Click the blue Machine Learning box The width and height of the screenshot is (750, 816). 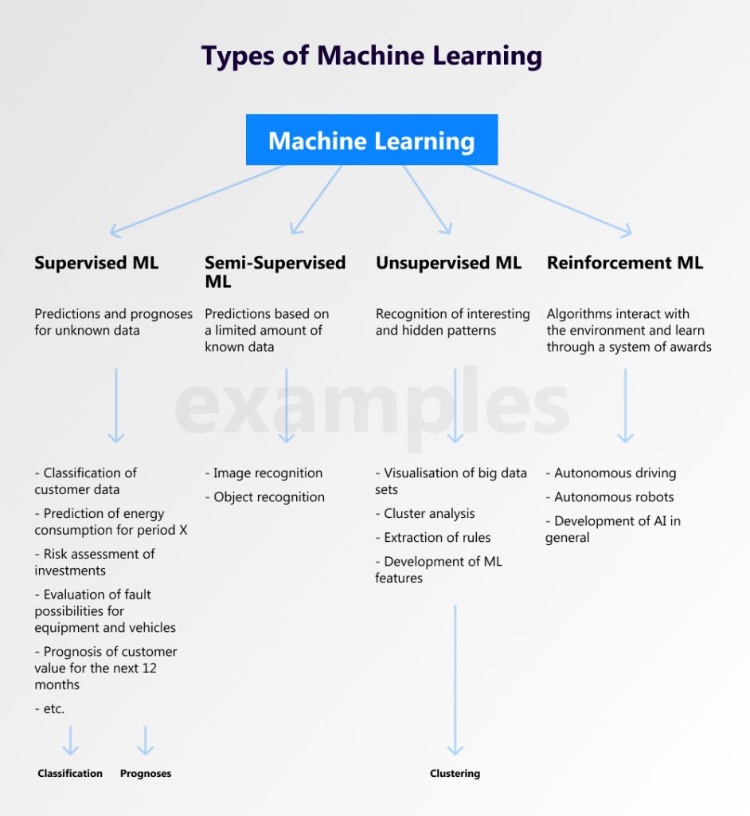coord(371,140)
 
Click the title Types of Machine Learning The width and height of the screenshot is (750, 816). coord(371,57)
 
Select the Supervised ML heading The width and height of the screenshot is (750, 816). coord(96,263)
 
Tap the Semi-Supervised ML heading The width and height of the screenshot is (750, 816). coord(275,272)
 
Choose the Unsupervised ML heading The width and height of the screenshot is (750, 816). coord(448,263)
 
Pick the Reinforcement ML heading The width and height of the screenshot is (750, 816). coord(625,263)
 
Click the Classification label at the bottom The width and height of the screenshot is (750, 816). coord(70,773)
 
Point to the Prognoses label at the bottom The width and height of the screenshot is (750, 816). coord(146,773)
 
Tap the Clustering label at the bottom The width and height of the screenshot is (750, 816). coord(455,773)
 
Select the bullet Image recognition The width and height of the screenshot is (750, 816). coord(264,473)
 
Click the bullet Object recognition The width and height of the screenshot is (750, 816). coord(264,497)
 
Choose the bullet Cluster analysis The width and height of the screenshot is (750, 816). coord(425,514)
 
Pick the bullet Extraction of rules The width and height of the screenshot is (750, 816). coord(433,538)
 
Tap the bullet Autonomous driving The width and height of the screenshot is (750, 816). coord(611,473)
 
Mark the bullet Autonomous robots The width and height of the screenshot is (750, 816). coord(610,497)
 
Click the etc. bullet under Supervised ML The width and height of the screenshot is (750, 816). coord(49,708)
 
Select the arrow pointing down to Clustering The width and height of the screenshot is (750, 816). coord(455,677)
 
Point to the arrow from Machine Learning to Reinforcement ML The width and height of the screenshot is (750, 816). coord(549,199)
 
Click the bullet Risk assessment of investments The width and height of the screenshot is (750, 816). coord(94,562)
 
